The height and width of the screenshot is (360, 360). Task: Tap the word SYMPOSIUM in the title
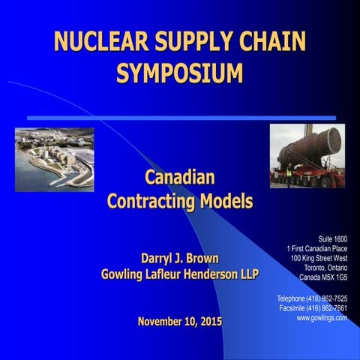tap(180, 73)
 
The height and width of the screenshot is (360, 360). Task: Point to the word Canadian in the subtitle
tap(180, 178)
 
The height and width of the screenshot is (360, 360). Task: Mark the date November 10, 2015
tap(180, 322)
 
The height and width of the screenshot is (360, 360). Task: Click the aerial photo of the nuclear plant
tap(55, 159)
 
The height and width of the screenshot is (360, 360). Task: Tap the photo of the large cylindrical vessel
tap(307, 156)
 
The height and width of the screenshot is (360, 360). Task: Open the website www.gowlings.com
tap(322, 318)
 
